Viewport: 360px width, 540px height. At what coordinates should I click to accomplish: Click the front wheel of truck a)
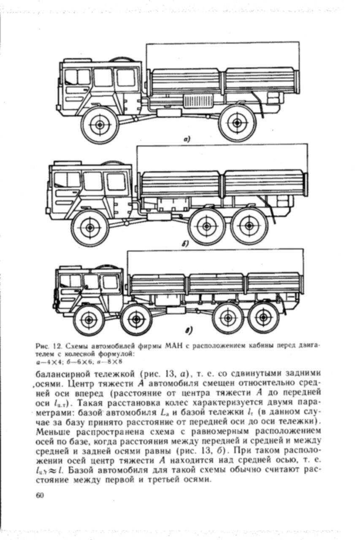pyautogui.click(x=100, y=124)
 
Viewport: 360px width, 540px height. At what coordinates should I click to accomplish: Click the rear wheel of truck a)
pyautogui.click(x=237, y=123)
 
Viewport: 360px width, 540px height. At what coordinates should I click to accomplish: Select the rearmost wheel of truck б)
pyautogui.click(x=249, y=226)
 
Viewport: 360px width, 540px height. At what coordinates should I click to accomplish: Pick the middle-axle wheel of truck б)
pyautogui.click(x=206, y=226)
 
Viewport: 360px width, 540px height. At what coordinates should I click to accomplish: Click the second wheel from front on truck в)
pyautogui.click(x=136, y=320)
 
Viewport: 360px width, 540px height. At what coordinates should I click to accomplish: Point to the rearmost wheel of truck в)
pyautogui.click(x=263, y=317)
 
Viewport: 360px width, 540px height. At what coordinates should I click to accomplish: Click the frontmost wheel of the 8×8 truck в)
pyautogui.click(x=89, y=320)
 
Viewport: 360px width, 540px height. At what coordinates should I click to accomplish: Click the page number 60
pyautogui.click(x=40, y=495)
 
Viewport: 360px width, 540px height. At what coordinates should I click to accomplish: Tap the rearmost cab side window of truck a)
pyautogui.click(x=125, y=78)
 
